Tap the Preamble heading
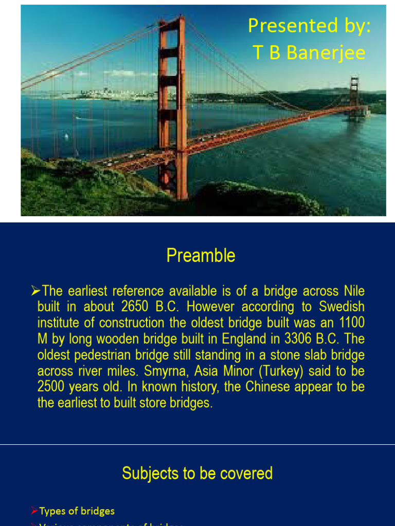point(201,255)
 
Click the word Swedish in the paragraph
point(342,307)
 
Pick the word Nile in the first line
point(354,291)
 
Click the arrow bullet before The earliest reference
point(35,291)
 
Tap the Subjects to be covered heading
point(197,473)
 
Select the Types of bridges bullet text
point(77,511)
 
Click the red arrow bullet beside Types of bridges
point(34,511)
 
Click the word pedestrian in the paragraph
point(103,355)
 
